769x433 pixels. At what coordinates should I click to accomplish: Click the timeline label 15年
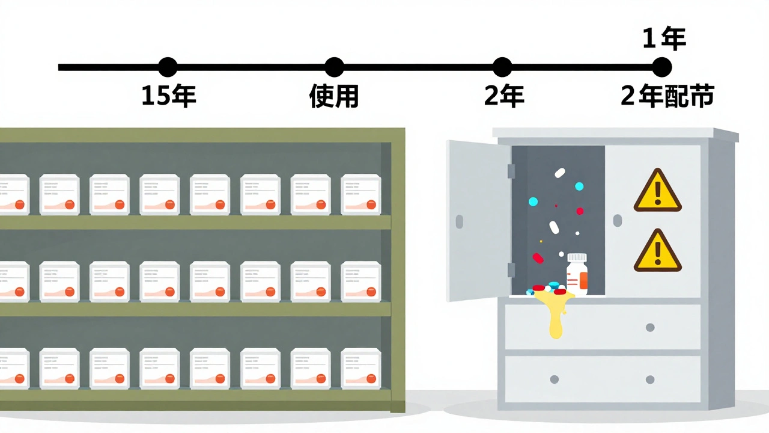pyautogui.click(x=168, y=96)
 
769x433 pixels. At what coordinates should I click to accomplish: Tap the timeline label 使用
pyautogui.click(x=334, y=96)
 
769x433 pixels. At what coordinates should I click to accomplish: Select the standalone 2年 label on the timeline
pyautogui.click(x=504, y=96)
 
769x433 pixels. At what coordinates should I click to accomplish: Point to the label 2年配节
pyautogui.click(x=667, y=96)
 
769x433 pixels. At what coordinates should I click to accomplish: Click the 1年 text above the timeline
pyautogui.click(x=664, y=40)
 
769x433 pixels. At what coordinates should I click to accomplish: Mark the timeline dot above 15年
pyautogui.click(x=168, y=67)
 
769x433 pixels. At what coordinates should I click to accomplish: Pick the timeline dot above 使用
pyautogui.click(x=334, y=67)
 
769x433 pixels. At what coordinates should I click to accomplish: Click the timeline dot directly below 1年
pyautogui.click(x=661, y=67)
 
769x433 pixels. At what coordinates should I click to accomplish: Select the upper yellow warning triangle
pyautogui.click(x=657, y=191)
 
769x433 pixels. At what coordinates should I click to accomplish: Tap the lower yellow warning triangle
pyautogui.click(x=657, y=251)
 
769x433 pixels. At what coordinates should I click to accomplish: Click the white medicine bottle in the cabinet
pyautogui.click(x=577, y=275)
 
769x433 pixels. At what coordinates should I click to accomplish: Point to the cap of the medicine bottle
pyautogui.click(x=577, y=257)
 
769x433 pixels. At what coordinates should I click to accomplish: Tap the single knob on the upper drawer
pyautogui.click(x=649, y=328)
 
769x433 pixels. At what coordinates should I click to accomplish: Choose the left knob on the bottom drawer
pyautogui.click(x=554, y=379)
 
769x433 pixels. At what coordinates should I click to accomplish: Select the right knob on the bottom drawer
pyautogui.click(x=649, y=379)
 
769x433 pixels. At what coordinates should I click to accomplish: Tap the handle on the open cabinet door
pyautogui.click(x=460, y=221)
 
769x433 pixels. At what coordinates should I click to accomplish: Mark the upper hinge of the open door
pyautogui.click(x=511, y=171)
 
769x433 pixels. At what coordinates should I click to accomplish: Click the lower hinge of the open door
pyautogui.click(x=511, y=270)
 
